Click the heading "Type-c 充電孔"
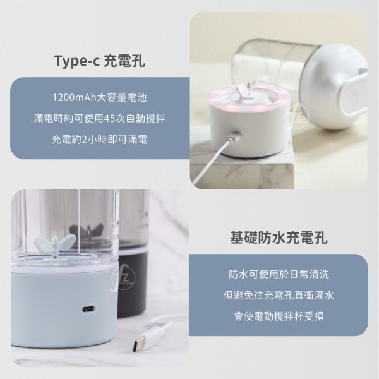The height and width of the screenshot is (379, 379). [x=100, y=61]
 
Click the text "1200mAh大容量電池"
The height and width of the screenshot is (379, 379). [x=100, y=97]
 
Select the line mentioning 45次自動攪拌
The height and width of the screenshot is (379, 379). [x=100, y=119]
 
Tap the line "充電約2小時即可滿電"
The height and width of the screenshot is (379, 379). [x=100, y=140]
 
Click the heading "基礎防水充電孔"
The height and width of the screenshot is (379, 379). [x=279, y=238]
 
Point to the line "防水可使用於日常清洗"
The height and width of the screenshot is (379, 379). [x=279, y=274]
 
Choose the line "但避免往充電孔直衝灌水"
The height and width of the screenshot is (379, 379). [x=279, y=295]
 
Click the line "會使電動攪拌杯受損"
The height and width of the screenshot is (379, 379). [x=279, y=316]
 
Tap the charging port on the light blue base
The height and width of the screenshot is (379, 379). [x=88, y=309]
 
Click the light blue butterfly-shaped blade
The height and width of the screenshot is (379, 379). [x=54, y=243]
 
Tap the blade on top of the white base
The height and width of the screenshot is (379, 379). [x=245, y=90]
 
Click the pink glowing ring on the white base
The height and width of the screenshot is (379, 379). [x=248, y=99]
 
